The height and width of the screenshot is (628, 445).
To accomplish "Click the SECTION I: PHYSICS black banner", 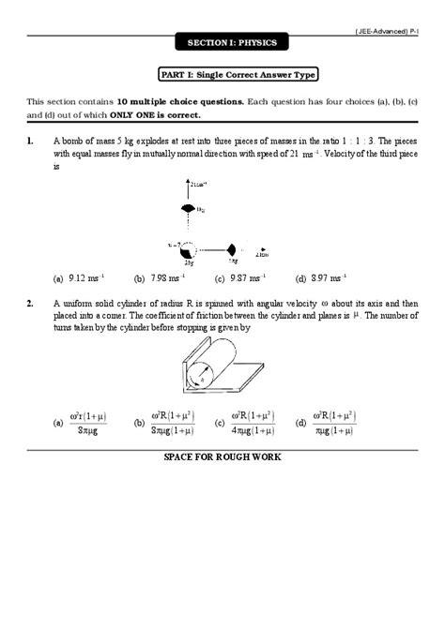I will pyautogui.click(x=222, y=43).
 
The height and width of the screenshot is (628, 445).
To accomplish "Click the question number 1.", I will pyautogui.click(x=31, y=142).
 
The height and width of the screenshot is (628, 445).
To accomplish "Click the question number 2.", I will pyautogui.click(x=31, y=304).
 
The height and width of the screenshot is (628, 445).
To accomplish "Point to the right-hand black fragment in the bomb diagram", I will pyautogui.click(x=230, y=250).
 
